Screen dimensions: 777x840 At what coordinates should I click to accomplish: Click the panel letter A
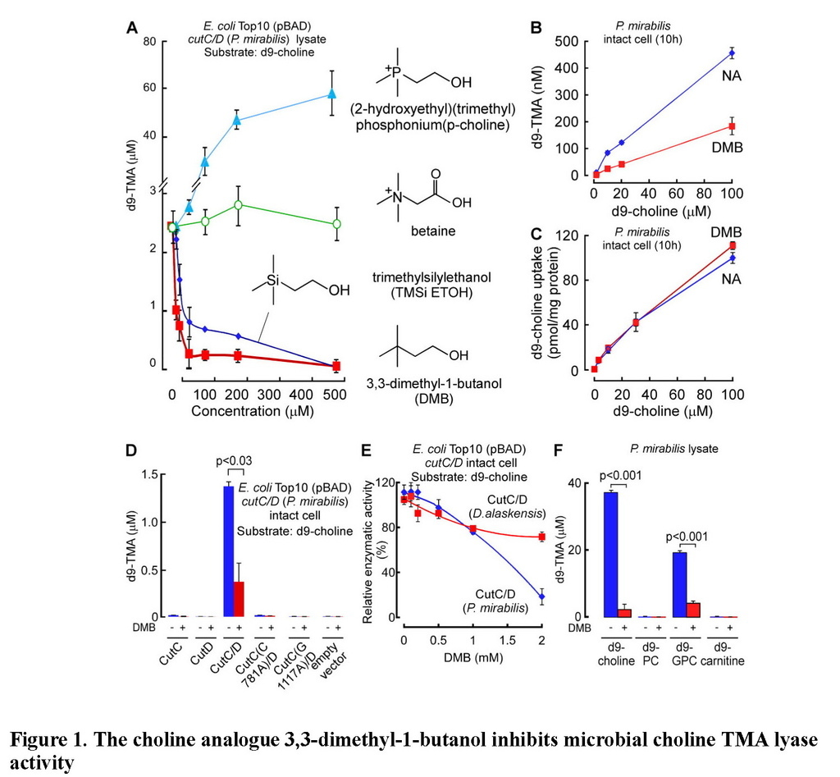tap(130, 27)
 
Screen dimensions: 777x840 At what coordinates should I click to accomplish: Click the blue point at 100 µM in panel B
tap(731, 53)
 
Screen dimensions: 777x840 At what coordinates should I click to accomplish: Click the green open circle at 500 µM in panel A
tap(336, 224)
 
